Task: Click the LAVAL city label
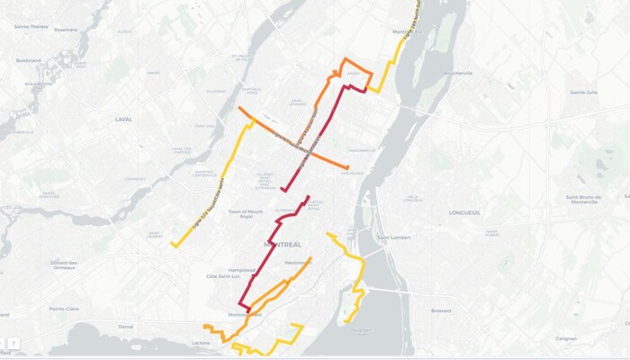(x=123, y=119)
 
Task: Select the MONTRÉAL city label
(x=283, y=244)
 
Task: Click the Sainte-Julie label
(x=584, y=92)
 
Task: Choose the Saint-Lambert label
(x=392, y=238)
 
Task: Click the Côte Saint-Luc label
(x=224, y=275)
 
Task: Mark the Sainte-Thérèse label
(x=32, y=27)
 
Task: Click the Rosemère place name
(x=67, y=28)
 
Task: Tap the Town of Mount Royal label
(x=248, y=213)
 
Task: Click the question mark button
(x=14, y=344)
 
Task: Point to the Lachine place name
(x=201, y=343)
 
